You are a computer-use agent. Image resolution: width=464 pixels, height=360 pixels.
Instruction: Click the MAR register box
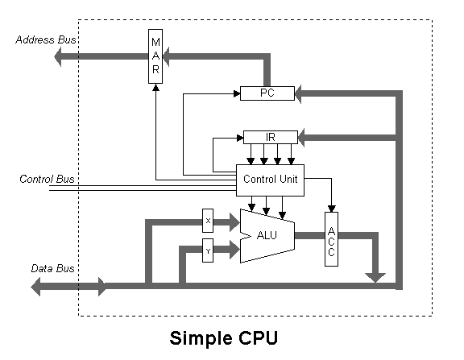click(x=155, y=56)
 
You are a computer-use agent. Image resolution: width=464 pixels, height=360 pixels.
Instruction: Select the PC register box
click(x=267, y=93)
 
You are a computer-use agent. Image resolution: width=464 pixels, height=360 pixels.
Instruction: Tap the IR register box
click(x=271, y=137)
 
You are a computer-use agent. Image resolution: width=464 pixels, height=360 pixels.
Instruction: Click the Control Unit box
click(x=270, y=180)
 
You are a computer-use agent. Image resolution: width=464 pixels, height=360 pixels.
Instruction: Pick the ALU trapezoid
click(x=267, y=236)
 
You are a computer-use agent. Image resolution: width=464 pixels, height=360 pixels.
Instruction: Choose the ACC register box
click(x=331, y=239)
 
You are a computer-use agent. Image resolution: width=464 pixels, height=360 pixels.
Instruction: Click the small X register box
click(x=208, y=221)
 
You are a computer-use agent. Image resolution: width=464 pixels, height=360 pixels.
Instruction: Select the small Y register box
click(x=208, y=250)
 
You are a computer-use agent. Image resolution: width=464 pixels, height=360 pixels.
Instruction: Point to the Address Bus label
click(x=46, y=39)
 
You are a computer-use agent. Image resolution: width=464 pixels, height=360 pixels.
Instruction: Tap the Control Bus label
click(x=47, y=179)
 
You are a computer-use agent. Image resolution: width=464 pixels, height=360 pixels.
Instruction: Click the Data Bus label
click(x=52, y=268)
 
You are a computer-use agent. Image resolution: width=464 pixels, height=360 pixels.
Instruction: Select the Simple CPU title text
click(x=224, y=337)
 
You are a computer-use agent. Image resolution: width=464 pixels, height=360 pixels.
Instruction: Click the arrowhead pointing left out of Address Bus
click(x=58, y=56)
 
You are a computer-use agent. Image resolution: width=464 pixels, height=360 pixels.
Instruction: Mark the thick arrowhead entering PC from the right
click(x=298, y=94)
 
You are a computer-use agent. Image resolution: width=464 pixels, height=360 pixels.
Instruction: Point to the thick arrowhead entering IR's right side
click(x=301, y=138)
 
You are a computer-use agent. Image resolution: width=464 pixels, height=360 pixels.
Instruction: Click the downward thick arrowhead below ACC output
click(x=375, y=278)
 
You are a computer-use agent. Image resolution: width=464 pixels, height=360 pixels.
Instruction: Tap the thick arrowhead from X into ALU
click(x=234, y=222)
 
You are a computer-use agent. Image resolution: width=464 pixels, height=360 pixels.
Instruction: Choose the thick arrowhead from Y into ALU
click(x=234, y=250)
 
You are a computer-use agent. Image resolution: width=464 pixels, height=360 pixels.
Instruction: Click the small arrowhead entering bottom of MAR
click(x=155, y=88)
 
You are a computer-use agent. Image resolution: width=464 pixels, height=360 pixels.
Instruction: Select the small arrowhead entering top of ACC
click(x=331, y=209)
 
